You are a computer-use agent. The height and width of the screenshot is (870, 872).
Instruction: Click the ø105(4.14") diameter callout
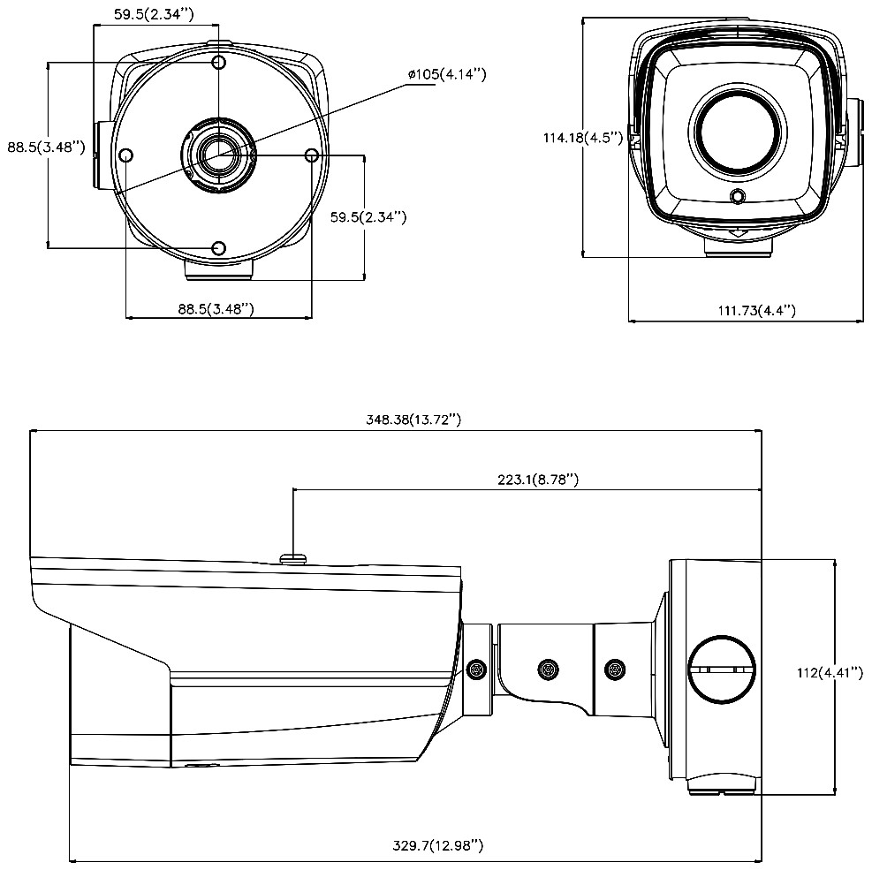tap(447, 75)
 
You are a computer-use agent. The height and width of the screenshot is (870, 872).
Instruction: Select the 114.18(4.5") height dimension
tap(582, 138)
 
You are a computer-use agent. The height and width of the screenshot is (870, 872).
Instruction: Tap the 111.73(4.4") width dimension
tap(756, 310)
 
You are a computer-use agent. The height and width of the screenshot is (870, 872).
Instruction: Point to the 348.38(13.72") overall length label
tap(413, 420)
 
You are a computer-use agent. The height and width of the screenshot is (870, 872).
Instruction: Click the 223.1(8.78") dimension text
tap(538, 479)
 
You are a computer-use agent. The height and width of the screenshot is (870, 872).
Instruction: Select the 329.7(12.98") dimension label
tap(438, 846)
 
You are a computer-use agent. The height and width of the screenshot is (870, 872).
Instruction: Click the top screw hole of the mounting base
tap(219, 64)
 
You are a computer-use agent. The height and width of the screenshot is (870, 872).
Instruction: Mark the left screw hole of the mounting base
tap(125, 156)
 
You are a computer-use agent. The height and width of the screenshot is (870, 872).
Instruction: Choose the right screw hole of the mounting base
tap(311, 155)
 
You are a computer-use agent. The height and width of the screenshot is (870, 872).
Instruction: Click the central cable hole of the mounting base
tap(216, 155)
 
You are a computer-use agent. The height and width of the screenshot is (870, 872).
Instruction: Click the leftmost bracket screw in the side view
tap(477, 670)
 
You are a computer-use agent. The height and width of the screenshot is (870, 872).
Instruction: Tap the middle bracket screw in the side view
tap(549, 670)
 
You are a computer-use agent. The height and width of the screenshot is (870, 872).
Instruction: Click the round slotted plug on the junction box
tap(723, 670)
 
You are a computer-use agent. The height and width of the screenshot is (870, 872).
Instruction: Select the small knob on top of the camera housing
tap(292, 557)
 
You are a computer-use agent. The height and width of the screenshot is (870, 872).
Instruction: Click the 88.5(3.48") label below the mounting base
tap(216, 309)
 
